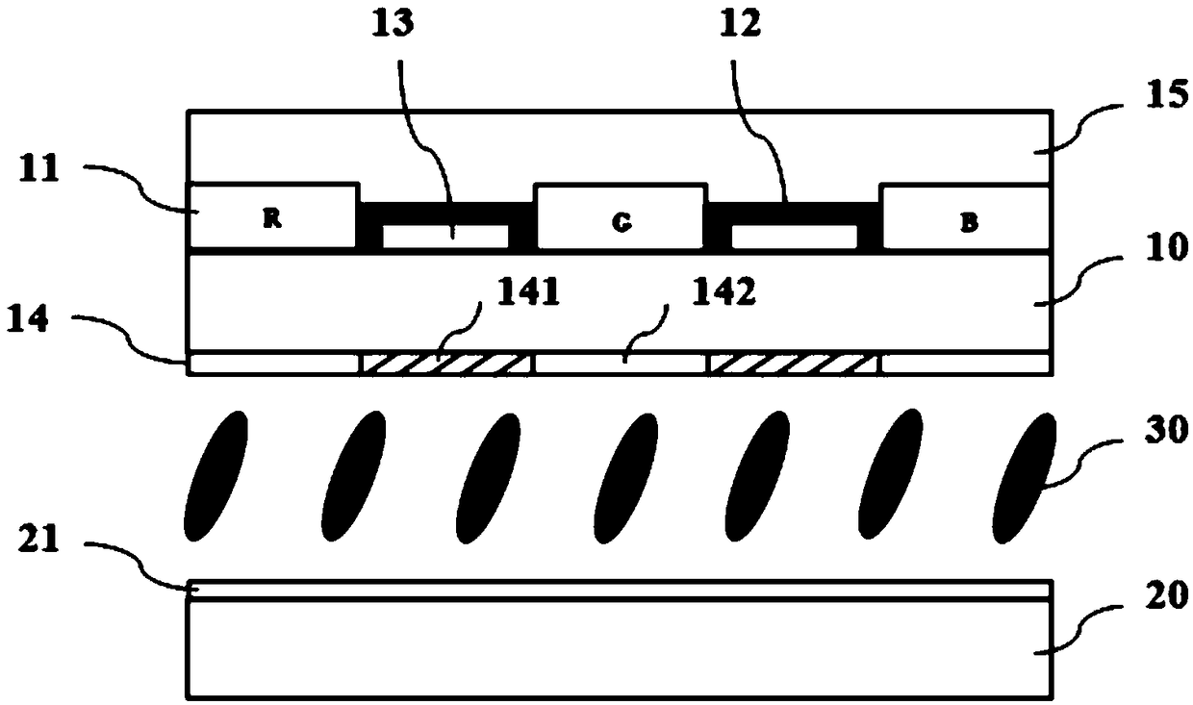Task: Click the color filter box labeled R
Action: [273, 218]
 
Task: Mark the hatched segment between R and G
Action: [446, 364]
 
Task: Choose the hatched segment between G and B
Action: [795, 364]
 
